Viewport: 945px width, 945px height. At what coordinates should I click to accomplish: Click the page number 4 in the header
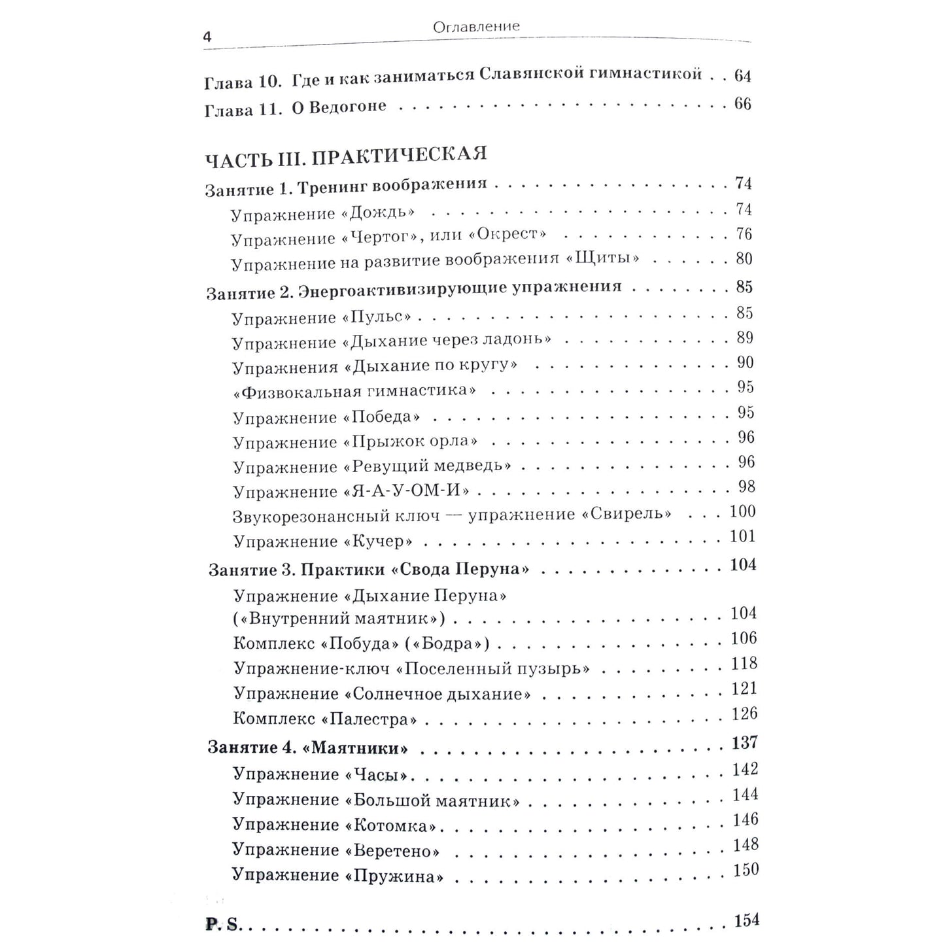pos(207,37)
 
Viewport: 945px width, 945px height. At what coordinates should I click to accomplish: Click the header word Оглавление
pos(475,27)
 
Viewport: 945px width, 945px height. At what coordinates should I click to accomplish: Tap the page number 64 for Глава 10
pos(742,76)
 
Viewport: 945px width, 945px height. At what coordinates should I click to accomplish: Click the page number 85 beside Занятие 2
pos(744,287)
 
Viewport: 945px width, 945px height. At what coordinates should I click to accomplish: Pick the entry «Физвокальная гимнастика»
pos(354,391)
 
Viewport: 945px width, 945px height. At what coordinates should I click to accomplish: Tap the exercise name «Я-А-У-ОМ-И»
pos(407,491)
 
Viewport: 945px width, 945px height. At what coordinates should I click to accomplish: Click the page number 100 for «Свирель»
pos(742,511)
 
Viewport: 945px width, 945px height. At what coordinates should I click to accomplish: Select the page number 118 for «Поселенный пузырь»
pos(744,664)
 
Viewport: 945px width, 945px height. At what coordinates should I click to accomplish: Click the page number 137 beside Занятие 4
pos(744,742)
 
